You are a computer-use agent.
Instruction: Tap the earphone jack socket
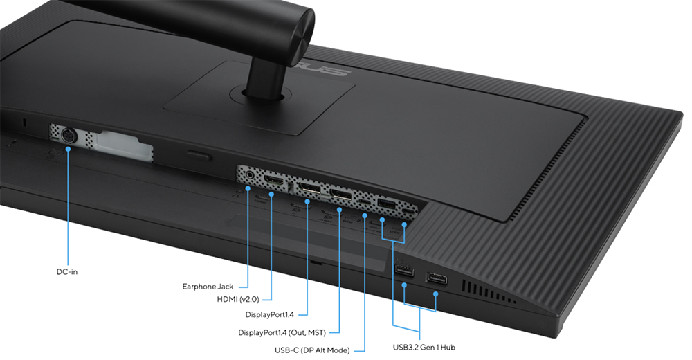[250, 174]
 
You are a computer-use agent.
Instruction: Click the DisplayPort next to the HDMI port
[309, 189]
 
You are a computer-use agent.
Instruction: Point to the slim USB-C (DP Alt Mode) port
[365, 201]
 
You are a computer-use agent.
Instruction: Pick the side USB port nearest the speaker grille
[437, 279]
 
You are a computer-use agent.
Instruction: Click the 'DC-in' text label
[67, 271]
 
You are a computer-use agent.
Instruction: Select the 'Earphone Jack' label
[208, 286]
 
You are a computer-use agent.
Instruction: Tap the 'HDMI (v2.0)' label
[238, 300]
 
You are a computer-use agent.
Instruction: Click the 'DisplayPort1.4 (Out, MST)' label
[282, 332]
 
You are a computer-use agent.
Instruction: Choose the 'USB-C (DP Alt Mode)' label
[312, 350]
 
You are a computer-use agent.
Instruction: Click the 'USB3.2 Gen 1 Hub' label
[424, 347]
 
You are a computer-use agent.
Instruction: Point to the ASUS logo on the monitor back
[327, 69]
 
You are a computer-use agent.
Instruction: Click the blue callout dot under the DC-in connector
[69, 149]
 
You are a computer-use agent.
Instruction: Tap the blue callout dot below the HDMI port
[272, 194]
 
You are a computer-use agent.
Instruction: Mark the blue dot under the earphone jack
[248, 188]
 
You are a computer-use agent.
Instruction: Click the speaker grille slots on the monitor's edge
[489, 291]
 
